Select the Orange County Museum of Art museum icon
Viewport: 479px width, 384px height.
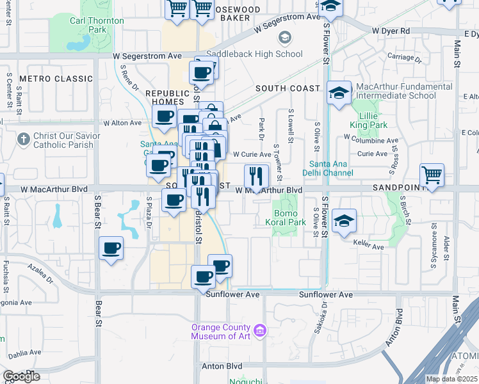coord(260,331)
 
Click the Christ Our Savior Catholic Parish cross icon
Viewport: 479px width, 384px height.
coord(24,138)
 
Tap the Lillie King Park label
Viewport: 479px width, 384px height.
coord(368,120)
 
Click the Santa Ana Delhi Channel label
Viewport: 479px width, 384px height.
coord(331,168)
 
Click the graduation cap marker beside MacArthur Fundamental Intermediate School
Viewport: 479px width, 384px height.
coord(338,93)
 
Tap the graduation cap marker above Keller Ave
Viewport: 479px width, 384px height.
coord(345,221)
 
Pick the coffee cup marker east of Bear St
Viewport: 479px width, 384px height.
coord(111,248)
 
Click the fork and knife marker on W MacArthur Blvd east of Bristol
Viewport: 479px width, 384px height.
coord(256,176)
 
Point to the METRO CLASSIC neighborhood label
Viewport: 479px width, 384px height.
coord(56,79)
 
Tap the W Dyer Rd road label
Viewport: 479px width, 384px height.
coord(390,31)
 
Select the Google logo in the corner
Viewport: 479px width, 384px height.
coord(21,376)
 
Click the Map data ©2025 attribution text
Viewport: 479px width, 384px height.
coord(452,379)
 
